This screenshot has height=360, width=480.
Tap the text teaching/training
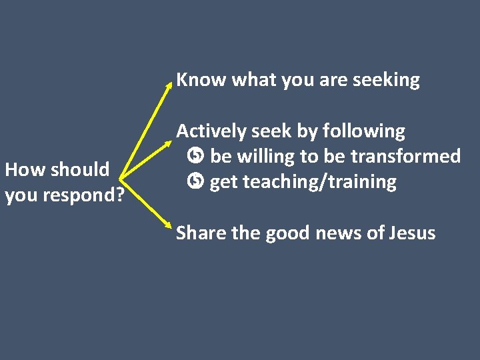point(319,182)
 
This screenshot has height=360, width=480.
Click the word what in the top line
point(254,80)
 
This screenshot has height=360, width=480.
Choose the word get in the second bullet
point(224,182)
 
